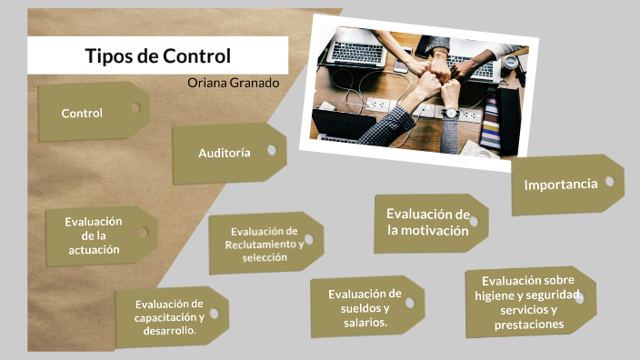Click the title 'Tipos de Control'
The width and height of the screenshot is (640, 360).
click(x=157, y=55)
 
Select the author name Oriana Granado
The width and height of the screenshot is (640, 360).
click(x=233, y=83)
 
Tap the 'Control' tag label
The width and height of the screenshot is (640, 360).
click(x=82, y=114)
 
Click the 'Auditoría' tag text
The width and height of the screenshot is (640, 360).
click(x=225, y=153)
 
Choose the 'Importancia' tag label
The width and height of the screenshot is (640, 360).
click(x=561, y=184)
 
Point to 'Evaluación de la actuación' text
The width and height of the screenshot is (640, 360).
click(x=93, y=235)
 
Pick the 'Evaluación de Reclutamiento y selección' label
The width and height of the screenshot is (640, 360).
click(x=265, y=244)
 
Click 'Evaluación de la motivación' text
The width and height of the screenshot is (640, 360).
click(x=427, y=222)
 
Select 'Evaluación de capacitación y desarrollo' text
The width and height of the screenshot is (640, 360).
click(x=169, y=316)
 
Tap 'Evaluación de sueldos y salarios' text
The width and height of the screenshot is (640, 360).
click(x=365, y=307)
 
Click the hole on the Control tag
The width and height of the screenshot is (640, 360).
click(x=135, y=107)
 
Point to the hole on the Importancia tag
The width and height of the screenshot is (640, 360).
click(x=609, y=181)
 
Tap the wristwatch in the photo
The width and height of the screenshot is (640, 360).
click(x=451, y=113)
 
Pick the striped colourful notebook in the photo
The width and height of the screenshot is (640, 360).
click(x=492, y=124)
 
